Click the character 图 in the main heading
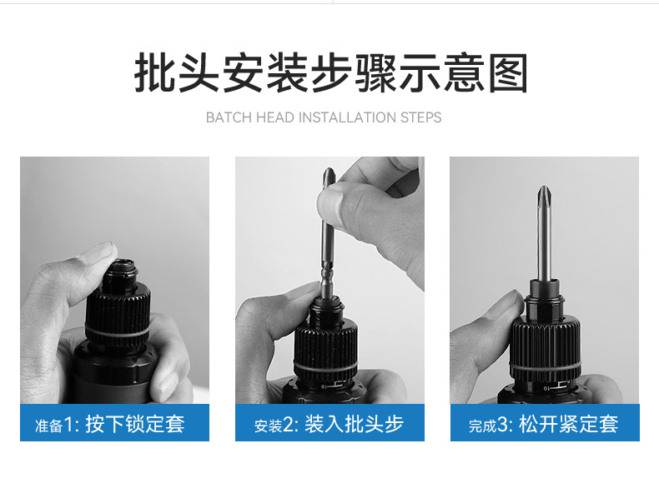[508, 74]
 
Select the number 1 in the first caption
[68, 425]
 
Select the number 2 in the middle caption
[288, 425]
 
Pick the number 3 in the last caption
[503, 425]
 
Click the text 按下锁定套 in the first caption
[135, 424]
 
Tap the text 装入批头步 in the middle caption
[354, 424]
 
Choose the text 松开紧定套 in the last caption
[569, 424]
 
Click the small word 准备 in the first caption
[48, 426]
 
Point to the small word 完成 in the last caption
[482, 426]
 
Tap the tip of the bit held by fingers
[329, 174]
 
